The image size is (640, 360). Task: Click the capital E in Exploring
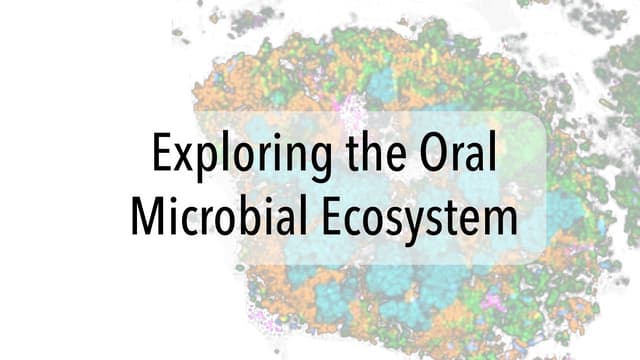(x=160, y=155)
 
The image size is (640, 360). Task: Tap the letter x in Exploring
(x=182, y=160)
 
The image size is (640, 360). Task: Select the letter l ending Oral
(x=491, y=153)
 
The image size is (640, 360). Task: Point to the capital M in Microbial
(x=148, y=215)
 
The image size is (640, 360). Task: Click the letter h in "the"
(x=360, y=154)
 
